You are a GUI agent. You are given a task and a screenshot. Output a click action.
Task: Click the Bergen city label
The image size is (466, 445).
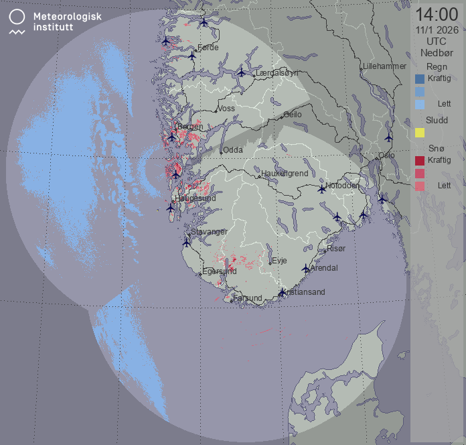click(190, 127)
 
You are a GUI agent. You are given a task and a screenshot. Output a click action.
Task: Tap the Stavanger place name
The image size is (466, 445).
click(209, 231)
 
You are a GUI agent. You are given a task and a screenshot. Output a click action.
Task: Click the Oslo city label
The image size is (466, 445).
click(386, 155)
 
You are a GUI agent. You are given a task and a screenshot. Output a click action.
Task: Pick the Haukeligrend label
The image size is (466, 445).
click(284, 173)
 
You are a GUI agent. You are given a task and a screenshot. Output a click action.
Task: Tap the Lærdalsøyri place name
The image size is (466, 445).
click(277, 72)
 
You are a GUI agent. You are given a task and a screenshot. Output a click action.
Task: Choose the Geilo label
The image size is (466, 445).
click(293, 115)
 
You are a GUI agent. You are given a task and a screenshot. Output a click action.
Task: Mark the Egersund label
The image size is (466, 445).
click(219, 271)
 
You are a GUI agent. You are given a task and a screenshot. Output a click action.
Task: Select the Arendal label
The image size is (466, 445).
click(324, 268)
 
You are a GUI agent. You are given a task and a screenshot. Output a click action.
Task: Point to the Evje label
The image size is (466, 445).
click(279, 260)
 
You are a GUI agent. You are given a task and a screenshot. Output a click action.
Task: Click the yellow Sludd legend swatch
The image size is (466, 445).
click(420, 133)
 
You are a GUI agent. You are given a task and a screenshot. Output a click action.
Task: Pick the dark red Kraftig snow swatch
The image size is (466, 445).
click(420, 161)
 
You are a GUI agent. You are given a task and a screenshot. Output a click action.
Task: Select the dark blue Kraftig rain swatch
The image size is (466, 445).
click(420, 79)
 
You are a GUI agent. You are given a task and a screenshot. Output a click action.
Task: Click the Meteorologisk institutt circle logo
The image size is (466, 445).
click(17, 17)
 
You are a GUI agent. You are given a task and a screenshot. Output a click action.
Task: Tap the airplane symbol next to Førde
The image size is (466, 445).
click(192, 56)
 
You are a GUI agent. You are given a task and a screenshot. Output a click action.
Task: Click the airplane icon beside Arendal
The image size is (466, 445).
click(306, 269)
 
